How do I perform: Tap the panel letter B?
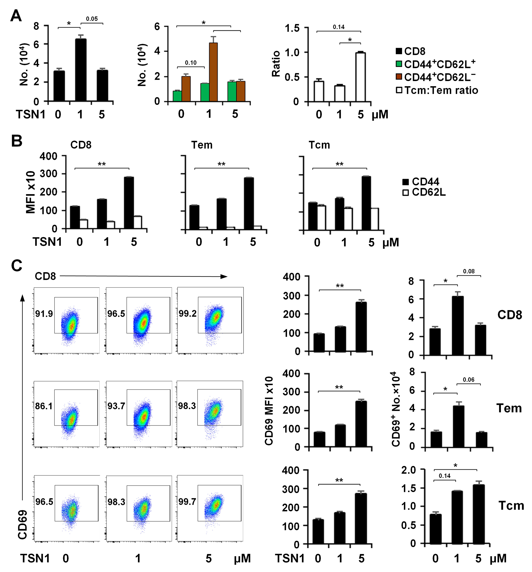(x=17, y=141)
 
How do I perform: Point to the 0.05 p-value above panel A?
(x=92, y=19)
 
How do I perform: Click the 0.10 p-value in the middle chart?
(x=191, y=63)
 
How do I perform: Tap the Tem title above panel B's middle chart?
(x=202, y=145)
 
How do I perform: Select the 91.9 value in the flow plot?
(x=44, y=314)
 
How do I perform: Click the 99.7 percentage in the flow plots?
(x=187, y=502)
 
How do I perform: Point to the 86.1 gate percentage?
(x=44, y=406)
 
